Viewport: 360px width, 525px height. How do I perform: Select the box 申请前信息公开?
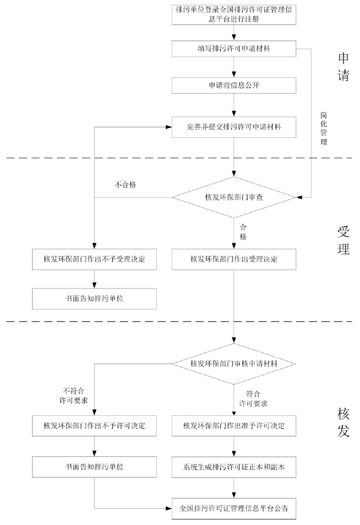pyautogui.click(x=234, y=85)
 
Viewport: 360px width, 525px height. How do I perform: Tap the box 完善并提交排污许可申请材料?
pyautogui.click(x=234, y=127)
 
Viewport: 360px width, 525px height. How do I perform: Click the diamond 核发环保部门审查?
pyautogui.click(x=234, y=198)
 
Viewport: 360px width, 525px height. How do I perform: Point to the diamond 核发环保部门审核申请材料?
pyautogui.click(x=234, y=364)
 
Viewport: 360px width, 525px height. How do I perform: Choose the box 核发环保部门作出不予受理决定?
pyautogui.click(x=94, y=259)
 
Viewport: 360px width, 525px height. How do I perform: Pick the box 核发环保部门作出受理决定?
pyautogui.click(x=234, y=259)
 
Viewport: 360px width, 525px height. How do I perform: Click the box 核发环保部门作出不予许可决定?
pyautogui.click(x=94, y=426)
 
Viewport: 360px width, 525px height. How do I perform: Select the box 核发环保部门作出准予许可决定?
pyautogui.click(x=234, y=426)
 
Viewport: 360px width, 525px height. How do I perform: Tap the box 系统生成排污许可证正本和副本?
pyautogui.click(x=234, y=467)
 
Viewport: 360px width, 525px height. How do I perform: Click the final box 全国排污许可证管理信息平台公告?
pyautogui.click(x=234, y=507)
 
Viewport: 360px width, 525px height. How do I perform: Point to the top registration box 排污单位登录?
pyautogui.click(x=234, y=14)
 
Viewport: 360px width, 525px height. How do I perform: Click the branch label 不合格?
pyautogui.click(x=125, y=185)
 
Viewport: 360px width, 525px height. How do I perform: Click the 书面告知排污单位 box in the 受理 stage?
pyautogui.click(x=94, y=298)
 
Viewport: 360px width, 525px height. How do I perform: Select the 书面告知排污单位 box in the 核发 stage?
pyautogui.click(x=94, y=467)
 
